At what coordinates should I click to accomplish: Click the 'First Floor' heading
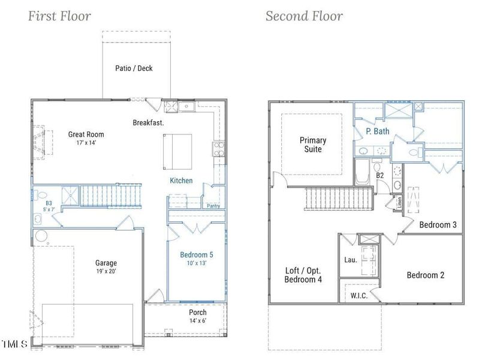pos(59,16)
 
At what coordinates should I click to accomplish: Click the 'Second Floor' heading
pos(304,16)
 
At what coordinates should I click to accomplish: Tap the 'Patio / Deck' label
pos(134,68)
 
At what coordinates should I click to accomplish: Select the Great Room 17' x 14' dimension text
pos(86,143)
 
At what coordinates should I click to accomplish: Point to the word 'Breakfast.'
pos(148,123)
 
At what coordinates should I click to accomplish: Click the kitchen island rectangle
pos(177,152)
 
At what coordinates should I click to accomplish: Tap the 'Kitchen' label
pos(181,181)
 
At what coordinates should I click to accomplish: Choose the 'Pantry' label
pos(213,206)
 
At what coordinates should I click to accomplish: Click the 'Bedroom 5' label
pos(197,254)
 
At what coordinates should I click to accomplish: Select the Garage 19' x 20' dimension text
pos(106,271)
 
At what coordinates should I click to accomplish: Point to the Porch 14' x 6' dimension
pos(198,320)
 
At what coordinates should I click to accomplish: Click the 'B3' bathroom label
pos(49,203)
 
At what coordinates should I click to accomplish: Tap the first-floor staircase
pos(111,196)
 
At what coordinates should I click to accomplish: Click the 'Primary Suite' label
pos(313,145)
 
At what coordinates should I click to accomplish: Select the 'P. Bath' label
pos(378,131)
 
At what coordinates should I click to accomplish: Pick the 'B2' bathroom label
pos(380,175)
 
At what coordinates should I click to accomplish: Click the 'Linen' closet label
pos(399,202)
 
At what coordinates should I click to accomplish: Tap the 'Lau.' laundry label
pos(351,260)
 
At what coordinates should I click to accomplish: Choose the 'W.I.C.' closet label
pos(359,296)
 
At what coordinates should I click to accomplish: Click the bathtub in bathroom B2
pos(362,172)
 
